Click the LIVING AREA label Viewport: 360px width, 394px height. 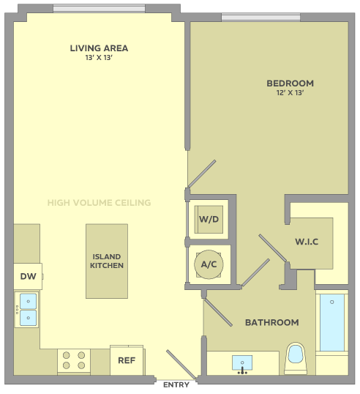(99, 48)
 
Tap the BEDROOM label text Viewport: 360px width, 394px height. (290, 83)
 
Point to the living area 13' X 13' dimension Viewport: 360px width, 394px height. (99, 58)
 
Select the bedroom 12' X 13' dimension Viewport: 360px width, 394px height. (290, 93)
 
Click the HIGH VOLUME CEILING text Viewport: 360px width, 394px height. (100, 203)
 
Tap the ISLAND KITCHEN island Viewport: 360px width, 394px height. (107, 261)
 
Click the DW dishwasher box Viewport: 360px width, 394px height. (28, 276)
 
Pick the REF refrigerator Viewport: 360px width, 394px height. (127, 360)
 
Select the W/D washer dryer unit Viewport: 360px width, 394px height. (209, 220)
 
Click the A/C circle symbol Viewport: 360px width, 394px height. (209, 264)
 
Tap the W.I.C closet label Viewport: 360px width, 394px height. (307, 242)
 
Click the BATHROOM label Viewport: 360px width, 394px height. (272, 322)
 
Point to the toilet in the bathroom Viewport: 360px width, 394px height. (296, 358)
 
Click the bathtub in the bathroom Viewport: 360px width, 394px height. (332, 323)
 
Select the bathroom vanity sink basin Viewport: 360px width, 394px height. (242, 363)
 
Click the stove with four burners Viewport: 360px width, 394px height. (74, 360)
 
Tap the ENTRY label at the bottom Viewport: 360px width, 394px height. (176, 384)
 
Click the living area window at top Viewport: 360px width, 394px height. (100, 8)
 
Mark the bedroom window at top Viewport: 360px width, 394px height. (260, 17)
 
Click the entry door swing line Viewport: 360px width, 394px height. (181, 365)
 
